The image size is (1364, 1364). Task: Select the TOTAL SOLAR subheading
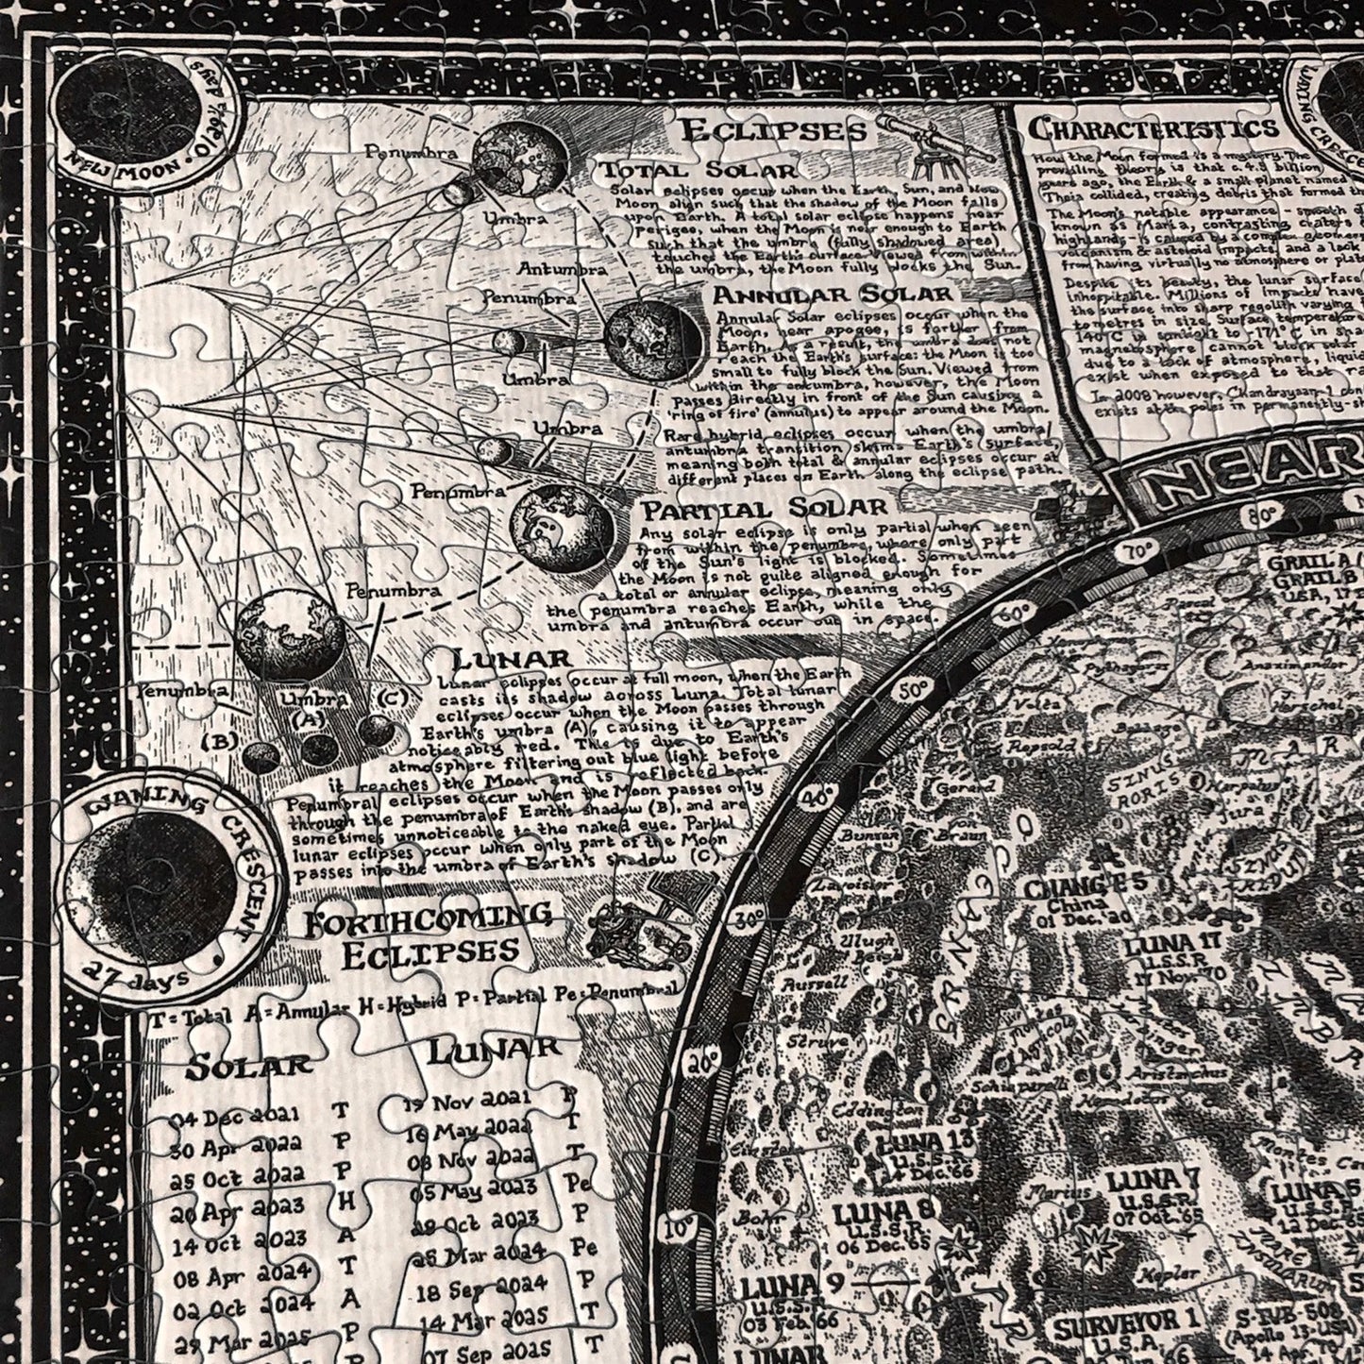(698, 170)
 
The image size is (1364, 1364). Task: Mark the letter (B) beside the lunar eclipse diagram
(219, 741)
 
